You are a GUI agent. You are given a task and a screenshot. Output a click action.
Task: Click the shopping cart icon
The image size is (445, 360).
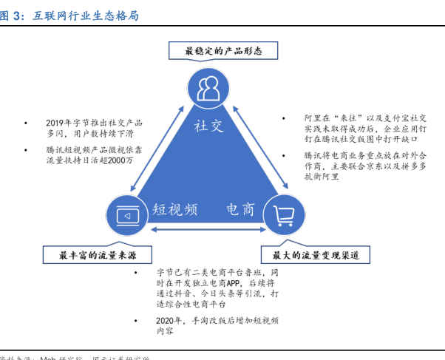coord(285,215)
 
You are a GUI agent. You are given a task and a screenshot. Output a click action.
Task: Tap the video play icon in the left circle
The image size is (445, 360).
coord(129,215)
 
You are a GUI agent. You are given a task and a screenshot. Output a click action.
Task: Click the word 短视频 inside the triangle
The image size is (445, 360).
coord(175,209)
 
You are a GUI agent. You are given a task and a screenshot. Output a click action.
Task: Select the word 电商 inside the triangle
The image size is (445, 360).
coord(240,209)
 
